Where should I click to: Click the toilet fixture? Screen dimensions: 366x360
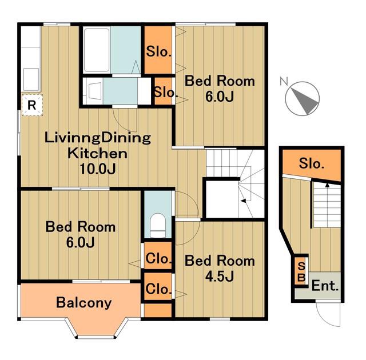click(158, 226)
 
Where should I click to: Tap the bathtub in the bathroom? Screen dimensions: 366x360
click(97, 50)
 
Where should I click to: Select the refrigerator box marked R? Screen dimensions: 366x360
click(32, 105)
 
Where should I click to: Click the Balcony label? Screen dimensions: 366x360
click(84, 303)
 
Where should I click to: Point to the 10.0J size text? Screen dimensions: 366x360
click(98, 169)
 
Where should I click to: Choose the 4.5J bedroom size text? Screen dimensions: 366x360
click(220, 277)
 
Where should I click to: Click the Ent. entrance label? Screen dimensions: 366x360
click(325, 286)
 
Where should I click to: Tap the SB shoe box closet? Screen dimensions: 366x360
click(301, 271)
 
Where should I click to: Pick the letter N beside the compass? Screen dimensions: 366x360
click(284, 81)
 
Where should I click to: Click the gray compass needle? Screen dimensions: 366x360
click(305, 99)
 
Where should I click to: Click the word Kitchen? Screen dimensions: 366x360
click(98, 153)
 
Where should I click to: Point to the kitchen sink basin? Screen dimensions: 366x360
click(31, 79)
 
